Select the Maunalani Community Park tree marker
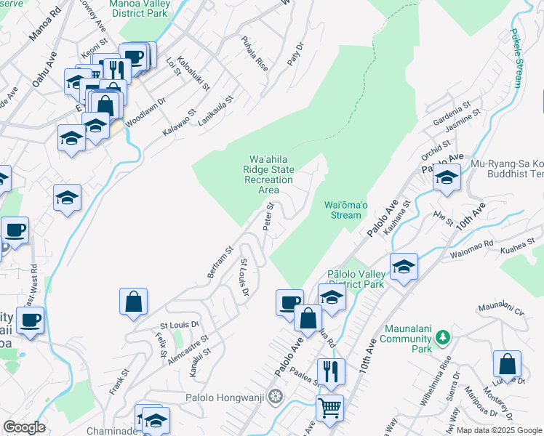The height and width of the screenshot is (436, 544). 442,338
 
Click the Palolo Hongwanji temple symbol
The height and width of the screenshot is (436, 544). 275,397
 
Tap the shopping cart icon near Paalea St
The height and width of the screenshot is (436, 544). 330,408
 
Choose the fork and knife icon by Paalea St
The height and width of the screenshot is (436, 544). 331,371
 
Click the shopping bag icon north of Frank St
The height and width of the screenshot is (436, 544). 134,302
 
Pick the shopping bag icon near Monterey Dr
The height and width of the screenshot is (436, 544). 507,364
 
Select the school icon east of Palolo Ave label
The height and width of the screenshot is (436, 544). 447,177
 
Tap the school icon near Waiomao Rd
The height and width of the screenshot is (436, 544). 403,267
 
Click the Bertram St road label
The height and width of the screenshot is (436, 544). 220,261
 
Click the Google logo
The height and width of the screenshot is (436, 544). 24,427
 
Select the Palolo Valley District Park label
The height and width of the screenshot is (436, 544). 355,279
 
